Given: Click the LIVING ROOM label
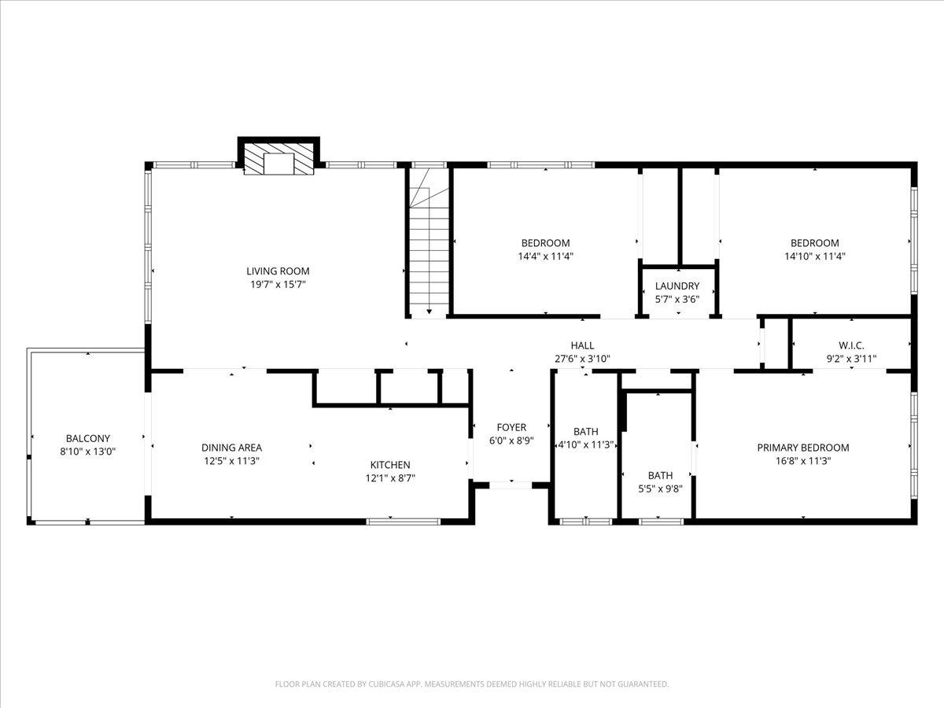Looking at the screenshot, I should [278, 271].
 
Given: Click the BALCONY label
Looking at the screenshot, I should [87, 438].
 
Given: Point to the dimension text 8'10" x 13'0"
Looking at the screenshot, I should [87, 452].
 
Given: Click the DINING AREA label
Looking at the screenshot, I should [231, 448].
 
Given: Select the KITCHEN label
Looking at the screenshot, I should [390, 465].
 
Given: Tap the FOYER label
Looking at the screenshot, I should [511, 428].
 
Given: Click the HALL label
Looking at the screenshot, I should [582, 345].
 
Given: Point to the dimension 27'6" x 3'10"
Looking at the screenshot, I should [582, 359].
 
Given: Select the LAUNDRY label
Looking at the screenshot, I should [677, 286].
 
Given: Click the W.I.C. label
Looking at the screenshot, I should [851, 345].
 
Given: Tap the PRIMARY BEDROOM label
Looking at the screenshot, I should [803, 448].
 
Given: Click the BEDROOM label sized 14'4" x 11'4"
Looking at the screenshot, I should [545, 243].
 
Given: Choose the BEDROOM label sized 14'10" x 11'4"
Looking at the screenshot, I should [814, 243].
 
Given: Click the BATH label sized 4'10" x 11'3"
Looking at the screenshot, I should [585, 431].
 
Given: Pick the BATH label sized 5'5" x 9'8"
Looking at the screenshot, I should [660, 475].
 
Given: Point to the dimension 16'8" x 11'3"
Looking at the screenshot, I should [803, 461].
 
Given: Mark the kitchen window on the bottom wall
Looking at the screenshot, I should [404, 520].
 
